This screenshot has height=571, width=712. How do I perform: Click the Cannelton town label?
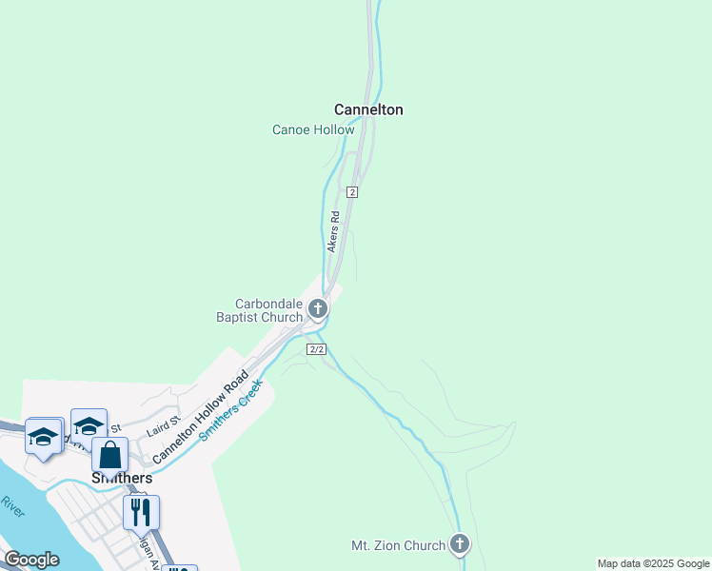coord(368,109)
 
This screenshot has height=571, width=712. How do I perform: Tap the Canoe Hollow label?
coord(313,129)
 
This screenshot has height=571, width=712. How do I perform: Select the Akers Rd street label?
coord(333,232)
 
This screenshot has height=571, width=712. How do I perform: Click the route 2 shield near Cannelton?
coord(352,192)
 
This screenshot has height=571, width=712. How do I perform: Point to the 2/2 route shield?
coord(317,349)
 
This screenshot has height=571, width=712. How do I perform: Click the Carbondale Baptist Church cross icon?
coord(318,309)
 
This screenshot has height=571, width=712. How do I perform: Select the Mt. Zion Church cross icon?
coord(460,545)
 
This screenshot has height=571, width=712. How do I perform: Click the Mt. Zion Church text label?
coord(398,545)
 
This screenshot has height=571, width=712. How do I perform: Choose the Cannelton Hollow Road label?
coord(200,418)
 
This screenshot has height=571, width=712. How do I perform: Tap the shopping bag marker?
coord(109,456)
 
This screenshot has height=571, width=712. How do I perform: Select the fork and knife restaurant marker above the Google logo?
coord(141,512)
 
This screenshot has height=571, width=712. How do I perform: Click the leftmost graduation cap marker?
coord(43,437)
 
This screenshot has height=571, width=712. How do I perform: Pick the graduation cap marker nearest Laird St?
coord(89,426)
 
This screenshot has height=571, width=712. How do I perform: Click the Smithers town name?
coord(122,478)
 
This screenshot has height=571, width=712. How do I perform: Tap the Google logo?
coord(30,560)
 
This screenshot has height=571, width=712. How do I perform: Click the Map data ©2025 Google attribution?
coord(654,563)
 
